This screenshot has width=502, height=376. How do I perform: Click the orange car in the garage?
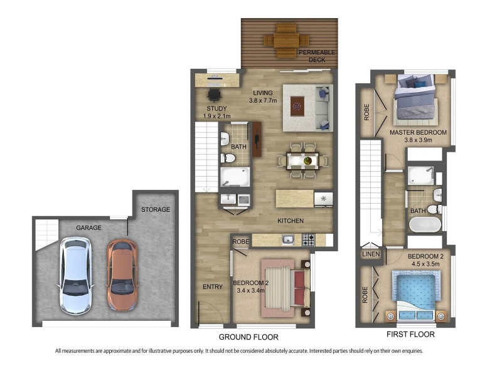[x=122, y=275]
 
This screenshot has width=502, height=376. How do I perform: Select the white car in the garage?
[x=75, y=275]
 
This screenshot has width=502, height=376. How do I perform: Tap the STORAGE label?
[x=156, y=209]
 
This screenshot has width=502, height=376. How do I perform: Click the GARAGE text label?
[x=88, y=227]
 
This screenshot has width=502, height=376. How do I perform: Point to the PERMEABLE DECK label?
[x=317, y=56]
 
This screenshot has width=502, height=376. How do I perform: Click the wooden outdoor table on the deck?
[x=286, y=40]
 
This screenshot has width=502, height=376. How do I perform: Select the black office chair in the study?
[x=214, y=95]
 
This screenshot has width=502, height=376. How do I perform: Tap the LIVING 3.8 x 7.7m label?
[x=263, y=97]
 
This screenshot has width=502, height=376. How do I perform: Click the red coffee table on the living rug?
[x=297, y=106]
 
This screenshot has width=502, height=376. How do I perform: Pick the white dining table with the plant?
[x=303, y=161]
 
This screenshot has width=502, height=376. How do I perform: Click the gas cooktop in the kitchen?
[x=309, y=240]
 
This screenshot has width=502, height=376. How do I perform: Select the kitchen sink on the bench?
[x=288, y=239]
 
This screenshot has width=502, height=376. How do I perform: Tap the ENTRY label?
[x=213, y=287]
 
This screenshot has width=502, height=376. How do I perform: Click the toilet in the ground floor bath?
[x=228, y=158]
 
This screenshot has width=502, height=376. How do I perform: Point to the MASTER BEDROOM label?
[x=418, y=132]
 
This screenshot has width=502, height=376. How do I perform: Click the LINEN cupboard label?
[x=371, y=254]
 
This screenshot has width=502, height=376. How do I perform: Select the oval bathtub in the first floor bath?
[x=425, y=224]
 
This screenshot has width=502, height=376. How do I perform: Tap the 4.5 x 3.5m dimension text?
[x=425, y=264]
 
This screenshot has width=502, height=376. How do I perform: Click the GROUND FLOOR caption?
[x=248, y=337]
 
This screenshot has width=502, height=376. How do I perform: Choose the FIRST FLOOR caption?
[x=410, y=335]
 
